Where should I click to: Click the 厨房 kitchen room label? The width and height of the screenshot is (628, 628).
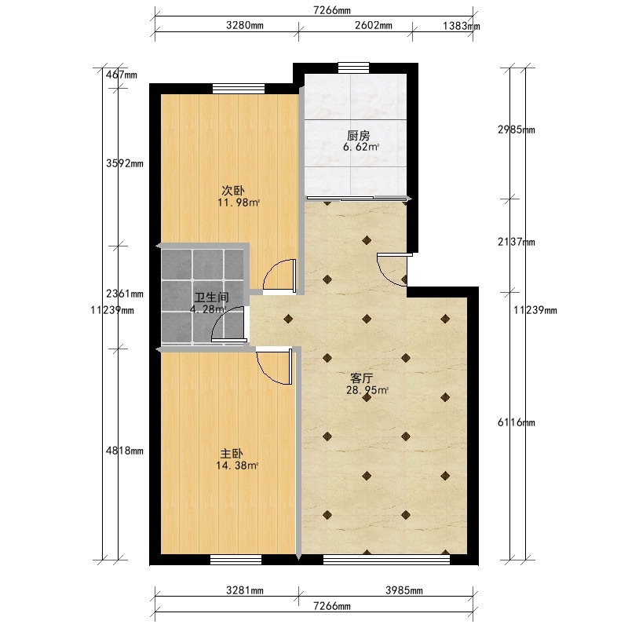pyautogui.click(x=358, y=136)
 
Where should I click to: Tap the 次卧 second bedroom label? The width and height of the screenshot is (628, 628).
pyautogui.click(x=233, y=190)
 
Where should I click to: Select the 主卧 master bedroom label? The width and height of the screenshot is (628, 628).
pyautogui.click(x=232, y=454)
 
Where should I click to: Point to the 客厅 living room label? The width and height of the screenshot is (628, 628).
pyautogui.click(x=361, y=378)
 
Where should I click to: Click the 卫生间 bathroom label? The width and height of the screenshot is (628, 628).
pyautogui.click(x=211, y=298)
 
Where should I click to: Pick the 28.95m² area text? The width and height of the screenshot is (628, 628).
pyautogui.click(x=367, y=390)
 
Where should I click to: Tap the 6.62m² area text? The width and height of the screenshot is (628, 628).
pyautogui.click(x=361, y=147)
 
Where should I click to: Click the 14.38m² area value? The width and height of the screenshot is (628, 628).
pyautogui.click(x=237, y=466)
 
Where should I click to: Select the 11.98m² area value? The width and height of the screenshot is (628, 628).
pyautogui.click(x=239, y=203)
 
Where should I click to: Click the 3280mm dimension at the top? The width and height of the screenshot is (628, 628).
pyautogui.click(x=245, y=25)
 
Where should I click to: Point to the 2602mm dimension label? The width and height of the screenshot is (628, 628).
pyautogui.click(x=374, y=25)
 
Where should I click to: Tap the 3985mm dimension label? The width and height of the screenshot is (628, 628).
pyautogui.click(x=404, y=590)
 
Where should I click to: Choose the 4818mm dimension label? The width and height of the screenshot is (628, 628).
pyautogui.click(x=125, y=451)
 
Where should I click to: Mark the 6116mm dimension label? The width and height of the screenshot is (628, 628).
pyautogui.click(x=517, y=422)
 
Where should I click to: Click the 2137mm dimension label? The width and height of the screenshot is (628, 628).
pyautogui.click(x=517, y=242)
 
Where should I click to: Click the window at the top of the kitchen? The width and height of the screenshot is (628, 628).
pyautogui.click(x=354, y=68)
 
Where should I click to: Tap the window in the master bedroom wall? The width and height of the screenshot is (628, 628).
pyautogui.click(x=236, y=560)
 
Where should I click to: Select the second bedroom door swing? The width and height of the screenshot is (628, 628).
pyautogui.click(x=279, y=274)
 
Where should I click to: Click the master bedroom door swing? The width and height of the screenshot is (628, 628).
pyautogui.click(x=274, y=367)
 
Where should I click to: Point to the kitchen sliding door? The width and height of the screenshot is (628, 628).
pyautogui.click(x=357, y=198)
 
